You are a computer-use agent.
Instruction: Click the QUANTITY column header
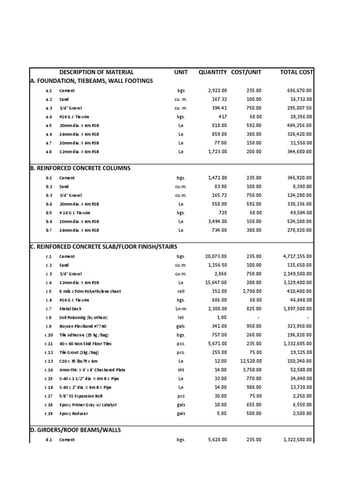coord(213,72)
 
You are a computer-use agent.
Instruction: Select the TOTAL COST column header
coord(296,72)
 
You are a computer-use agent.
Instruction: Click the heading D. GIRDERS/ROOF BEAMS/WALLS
coord(75,430)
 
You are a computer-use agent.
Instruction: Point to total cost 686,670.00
coord(299,91)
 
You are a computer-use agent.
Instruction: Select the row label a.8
coord(49,152)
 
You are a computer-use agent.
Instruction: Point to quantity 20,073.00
coord(216,256)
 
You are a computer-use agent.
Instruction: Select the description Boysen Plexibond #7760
coord(83,326)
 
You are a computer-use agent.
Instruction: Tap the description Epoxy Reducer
coord(74,414)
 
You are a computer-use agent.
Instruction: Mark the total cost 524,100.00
coord(299,222)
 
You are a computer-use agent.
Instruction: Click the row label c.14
coord(49,370)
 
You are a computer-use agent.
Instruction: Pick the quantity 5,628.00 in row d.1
coord(217,440)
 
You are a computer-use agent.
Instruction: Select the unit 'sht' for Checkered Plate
coord(181,370)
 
